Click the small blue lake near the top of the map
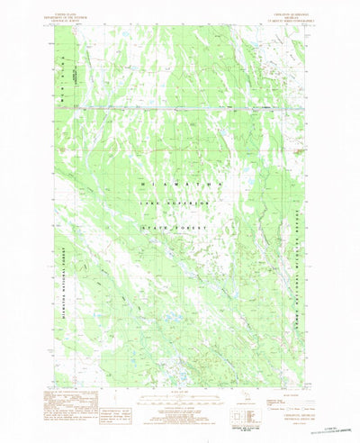point(257,39)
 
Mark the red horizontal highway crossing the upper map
point(180,108)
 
